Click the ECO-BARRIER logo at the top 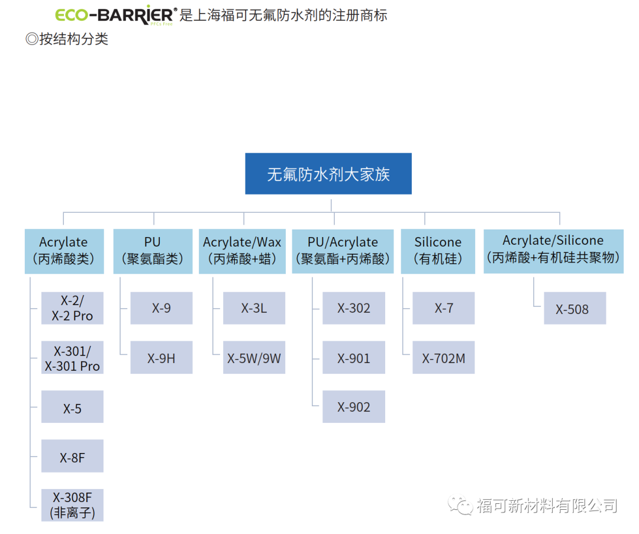(115, 15)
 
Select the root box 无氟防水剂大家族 (328, 174)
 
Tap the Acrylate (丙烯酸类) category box (64, 251)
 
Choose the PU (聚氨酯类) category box (153, 251)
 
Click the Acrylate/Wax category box (242, 251)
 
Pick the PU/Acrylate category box (343, 251)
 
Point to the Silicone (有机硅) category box (438, 251)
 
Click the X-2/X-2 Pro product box (72, 308)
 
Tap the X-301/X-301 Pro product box (72, 358)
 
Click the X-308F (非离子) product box (72, 504)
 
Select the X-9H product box (161, 358)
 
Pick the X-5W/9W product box (254, 358)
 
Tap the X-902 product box (354, 407)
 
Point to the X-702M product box (443, 358)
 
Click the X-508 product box (575, 308)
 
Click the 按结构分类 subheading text (68, 40)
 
